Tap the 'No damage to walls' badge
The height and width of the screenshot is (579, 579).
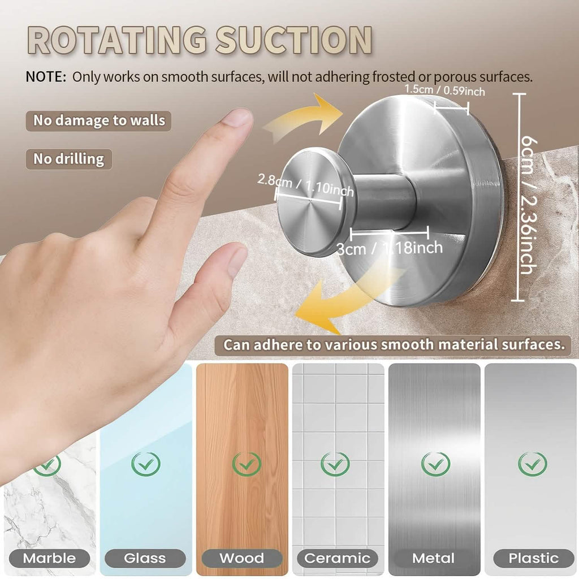pos(99,120)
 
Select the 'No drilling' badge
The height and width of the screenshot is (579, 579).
pos(68,159)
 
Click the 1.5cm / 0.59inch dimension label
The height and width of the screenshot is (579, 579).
pos(444,89)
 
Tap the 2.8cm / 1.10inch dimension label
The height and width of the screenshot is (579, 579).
pos(305,186)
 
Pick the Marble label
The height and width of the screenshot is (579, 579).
pos(50,558)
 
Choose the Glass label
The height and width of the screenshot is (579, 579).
pos(145,558)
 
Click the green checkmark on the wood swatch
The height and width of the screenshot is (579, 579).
pos(247,464)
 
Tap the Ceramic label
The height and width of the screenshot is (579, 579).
pos(337,558)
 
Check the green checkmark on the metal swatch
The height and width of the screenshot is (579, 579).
pos(435,464)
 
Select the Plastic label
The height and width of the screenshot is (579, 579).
pos(533,558)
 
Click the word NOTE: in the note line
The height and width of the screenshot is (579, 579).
pos(46,77)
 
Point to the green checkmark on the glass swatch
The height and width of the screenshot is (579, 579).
pos(146,464)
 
